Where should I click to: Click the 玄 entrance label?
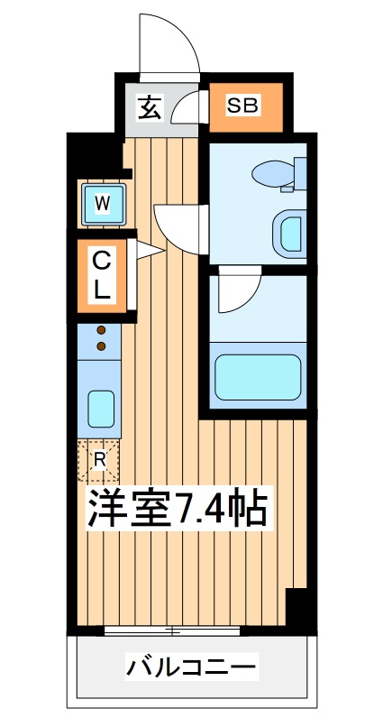point(149,107)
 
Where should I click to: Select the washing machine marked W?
point(103,204)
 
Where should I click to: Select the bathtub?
point(258,376)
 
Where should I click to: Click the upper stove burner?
point(102,330)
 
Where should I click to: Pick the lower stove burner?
point(102,345)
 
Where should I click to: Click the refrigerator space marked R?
point(99,459)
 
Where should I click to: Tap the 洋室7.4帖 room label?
point(177,510)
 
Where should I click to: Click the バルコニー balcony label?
point(192,668)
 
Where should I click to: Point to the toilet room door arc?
point(180,225)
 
